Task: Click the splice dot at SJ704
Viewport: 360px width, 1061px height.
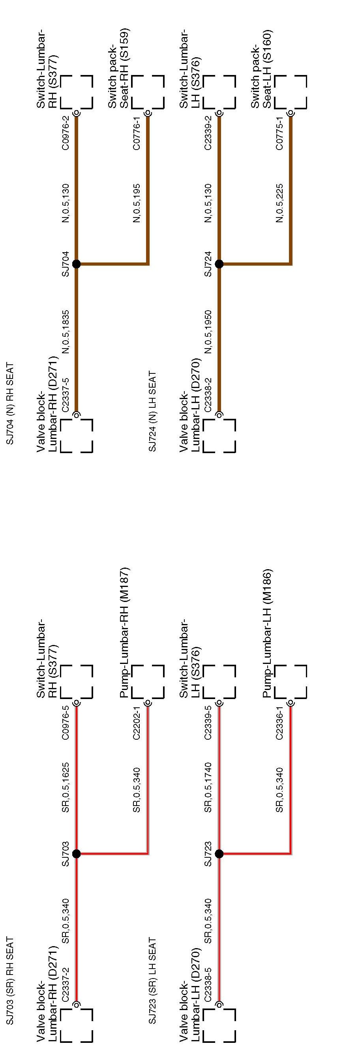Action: click(76, 264)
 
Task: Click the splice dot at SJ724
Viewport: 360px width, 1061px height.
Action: click(219, 264)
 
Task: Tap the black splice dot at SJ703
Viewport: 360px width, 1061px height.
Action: click(76, 854)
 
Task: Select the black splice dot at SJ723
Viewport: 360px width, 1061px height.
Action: click(219, 854)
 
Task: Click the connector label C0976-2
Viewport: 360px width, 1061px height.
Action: click(66, 133)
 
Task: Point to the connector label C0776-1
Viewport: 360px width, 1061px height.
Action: click(137, 133)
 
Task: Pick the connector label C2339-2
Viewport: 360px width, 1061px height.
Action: click(208, 133)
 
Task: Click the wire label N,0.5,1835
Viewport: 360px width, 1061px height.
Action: click(66, 332)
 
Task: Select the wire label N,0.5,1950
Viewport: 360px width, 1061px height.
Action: click(208, 332)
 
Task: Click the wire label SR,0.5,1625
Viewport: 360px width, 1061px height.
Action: click(66, 788)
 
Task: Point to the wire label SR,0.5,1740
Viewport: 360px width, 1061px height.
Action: click(208, 788)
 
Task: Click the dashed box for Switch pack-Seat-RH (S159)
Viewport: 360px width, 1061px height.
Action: click(148, 92)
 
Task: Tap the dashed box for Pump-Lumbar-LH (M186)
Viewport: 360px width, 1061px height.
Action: click(291, 682)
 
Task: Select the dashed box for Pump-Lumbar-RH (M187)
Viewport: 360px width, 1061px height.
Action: click(148, 682)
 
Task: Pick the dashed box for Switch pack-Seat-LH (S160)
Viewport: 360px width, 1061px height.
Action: click(291, 92)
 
